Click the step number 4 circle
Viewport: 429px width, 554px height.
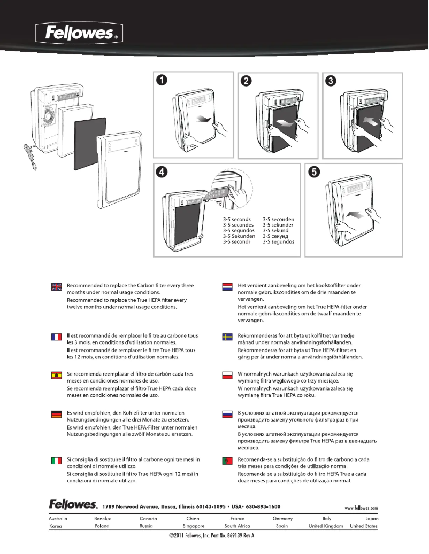coord(161,171)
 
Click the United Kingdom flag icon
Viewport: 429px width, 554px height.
coord(56,287)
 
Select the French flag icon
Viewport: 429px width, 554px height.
coord(56,336)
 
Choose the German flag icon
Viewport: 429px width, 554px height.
coord(56,414)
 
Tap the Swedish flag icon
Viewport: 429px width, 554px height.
coord(227,336)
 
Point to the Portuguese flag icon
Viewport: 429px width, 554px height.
coord(227,461)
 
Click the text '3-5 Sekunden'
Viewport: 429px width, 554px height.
coord(239,236)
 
